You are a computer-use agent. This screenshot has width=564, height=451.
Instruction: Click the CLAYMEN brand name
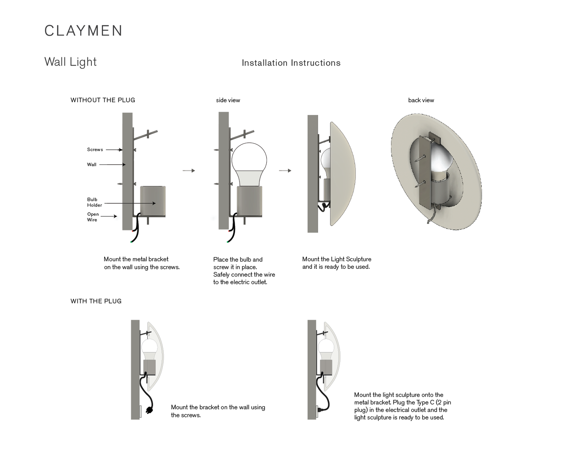[84, 31]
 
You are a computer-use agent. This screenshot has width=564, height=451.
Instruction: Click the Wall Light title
[71, 62]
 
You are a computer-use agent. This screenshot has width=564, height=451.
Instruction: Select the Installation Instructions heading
[291, 63]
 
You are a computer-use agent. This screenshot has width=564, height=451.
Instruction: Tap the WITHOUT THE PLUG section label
[103, 100]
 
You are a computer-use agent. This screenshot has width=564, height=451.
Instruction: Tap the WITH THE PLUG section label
[96, 301]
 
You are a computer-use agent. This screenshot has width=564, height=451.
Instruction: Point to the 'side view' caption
[228, 100]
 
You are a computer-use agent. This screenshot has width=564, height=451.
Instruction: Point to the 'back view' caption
[421, 100]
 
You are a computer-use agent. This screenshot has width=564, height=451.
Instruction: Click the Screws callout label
[95, 149]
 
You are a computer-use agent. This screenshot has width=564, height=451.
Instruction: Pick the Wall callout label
[92, 165]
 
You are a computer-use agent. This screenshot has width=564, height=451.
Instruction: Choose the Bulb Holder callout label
[94, 202]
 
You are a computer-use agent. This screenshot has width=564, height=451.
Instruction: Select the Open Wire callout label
[93, 217]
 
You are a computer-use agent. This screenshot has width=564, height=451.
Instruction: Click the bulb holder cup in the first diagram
[153, 201]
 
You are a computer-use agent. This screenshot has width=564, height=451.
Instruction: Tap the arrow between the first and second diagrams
[189, 170]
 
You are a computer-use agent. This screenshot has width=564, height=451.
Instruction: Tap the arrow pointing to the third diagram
[285, 170]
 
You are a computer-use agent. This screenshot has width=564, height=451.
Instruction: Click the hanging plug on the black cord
[149, 410]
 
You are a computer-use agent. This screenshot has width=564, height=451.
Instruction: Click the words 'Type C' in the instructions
[425, 402]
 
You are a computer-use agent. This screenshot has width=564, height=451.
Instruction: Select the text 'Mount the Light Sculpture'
[336, 259]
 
